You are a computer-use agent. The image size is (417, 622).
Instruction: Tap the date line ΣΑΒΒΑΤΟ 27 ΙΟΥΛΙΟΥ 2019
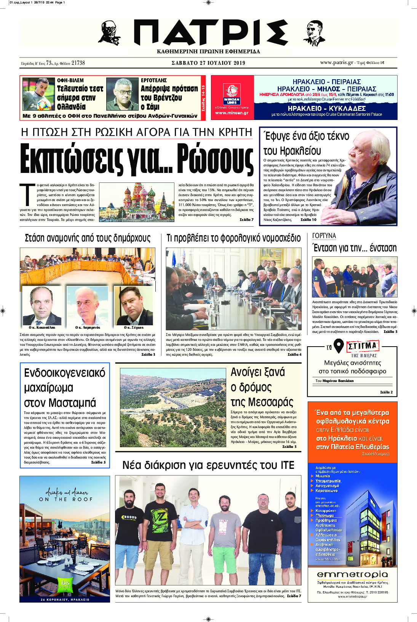pos(208,63)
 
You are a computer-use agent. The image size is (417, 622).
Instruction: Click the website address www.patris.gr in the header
pos(337,62)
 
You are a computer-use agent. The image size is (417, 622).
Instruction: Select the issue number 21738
pos(78,63)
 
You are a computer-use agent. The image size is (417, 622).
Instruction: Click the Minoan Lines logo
pos(232,95)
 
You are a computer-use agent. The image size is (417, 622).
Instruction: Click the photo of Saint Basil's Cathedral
pos(138,202)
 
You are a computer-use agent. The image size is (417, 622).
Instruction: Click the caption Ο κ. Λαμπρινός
pos(88,328)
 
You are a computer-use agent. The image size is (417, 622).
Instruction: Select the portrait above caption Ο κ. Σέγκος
pos(133,305)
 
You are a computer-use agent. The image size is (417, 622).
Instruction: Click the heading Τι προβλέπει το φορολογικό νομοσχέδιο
pos(233,238)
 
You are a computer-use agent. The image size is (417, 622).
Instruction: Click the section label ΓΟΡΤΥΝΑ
pos(324,236)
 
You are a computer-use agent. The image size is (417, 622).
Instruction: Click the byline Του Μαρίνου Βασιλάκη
pos(334,381)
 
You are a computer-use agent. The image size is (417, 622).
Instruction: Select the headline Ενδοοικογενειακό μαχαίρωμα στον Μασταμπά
pos(64,387)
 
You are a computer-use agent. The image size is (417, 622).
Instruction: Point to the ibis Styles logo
pos(65,584)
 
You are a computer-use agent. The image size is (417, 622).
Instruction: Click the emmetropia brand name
pos(352,574)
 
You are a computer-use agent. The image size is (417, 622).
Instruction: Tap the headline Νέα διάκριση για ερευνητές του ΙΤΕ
pos(208,465)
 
